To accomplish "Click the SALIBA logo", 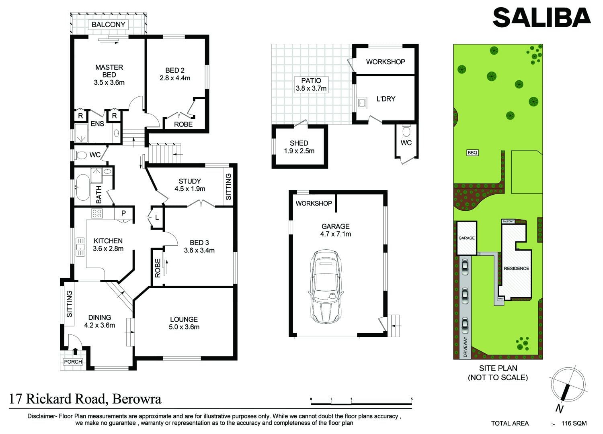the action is click(541, 18).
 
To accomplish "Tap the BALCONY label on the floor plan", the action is click(109, 25).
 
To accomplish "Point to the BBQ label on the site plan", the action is click(472, 153).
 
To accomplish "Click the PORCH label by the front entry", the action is click(73, 362).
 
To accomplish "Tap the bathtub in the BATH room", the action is click(83, 187).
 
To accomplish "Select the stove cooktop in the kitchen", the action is click(96, 214).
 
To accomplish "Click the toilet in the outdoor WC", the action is click(406, 131).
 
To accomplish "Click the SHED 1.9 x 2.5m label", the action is click(299, 147).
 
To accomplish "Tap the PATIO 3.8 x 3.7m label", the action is click(311, 84).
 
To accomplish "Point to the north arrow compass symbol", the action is click(567, 385).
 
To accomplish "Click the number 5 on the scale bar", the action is click(412, 399).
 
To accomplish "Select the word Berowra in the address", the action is click(137, 399).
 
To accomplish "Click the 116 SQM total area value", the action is click(574, 423).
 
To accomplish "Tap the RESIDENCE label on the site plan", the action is click(516, 268).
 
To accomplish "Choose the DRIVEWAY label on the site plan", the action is click(465, 347).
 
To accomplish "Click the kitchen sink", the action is click(80, 247).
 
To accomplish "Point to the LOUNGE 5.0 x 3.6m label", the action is click(184, 323).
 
